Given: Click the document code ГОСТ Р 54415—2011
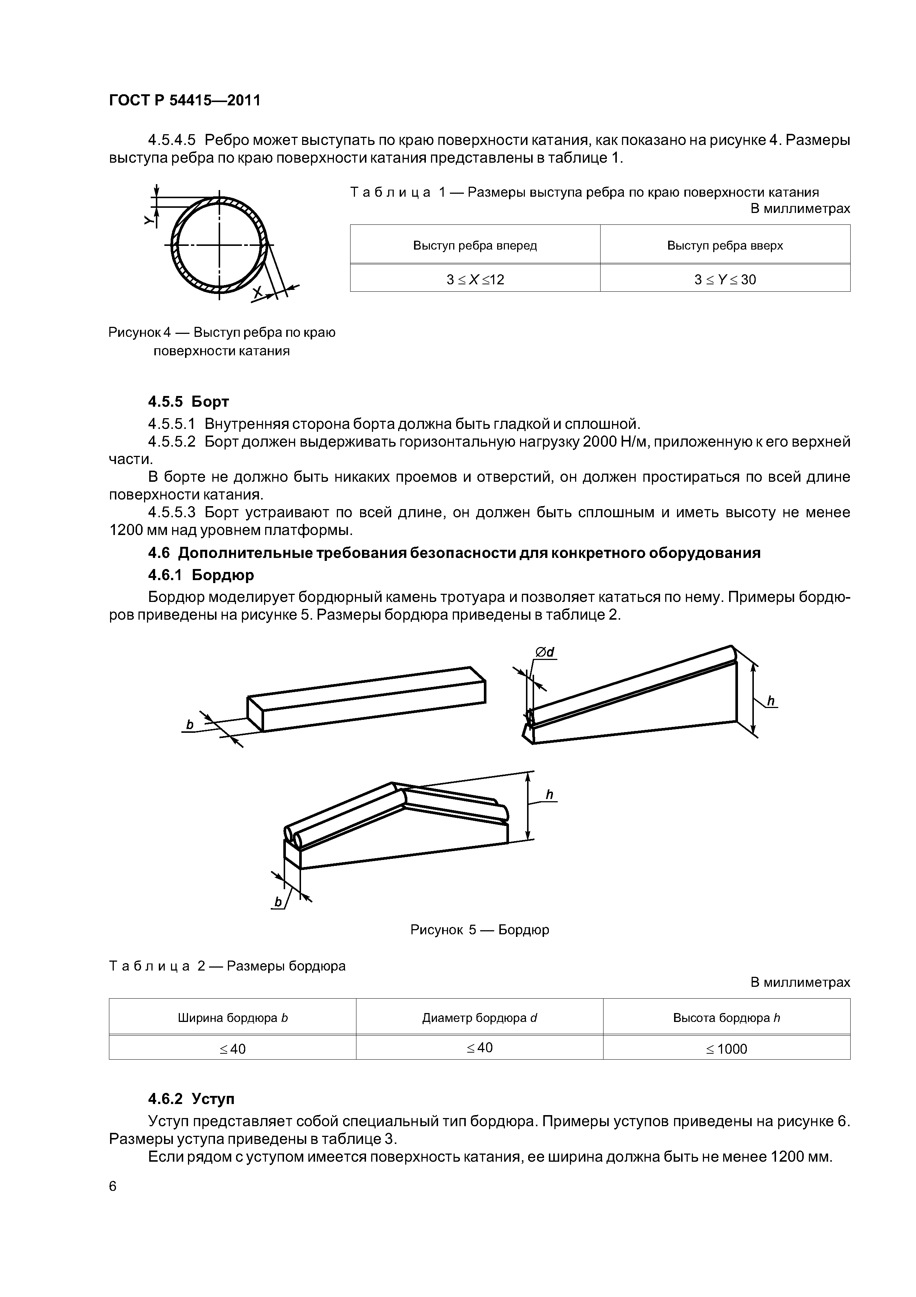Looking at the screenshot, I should coord(185,101).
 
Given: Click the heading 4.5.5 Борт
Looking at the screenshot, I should coord(188,402).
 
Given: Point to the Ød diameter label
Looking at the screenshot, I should coord(545,653).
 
